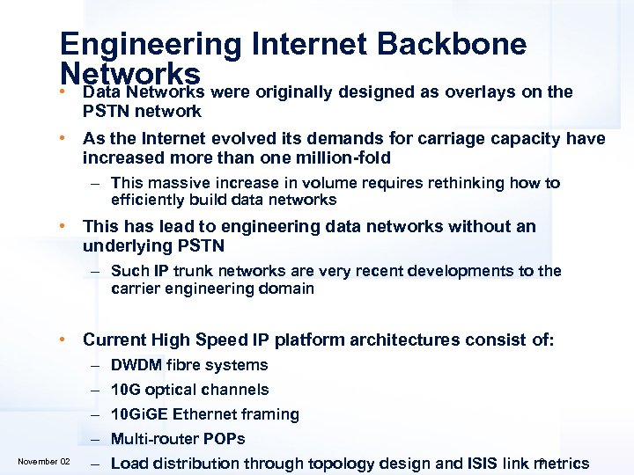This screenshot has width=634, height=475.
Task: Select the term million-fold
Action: pos(343,158)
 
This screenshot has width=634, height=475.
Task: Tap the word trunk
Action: pos(194,271)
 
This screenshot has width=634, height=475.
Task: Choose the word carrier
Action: pos(135,289)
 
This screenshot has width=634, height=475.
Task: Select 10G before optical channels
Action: pos(127,390)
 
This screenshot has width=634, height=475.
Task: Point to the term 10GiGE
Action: pos(141,414)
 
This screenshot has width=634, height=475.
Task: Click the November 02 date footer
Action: pos(44,462)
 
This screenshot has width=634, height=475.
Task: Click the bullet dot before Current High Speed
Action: pos(63,340)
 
